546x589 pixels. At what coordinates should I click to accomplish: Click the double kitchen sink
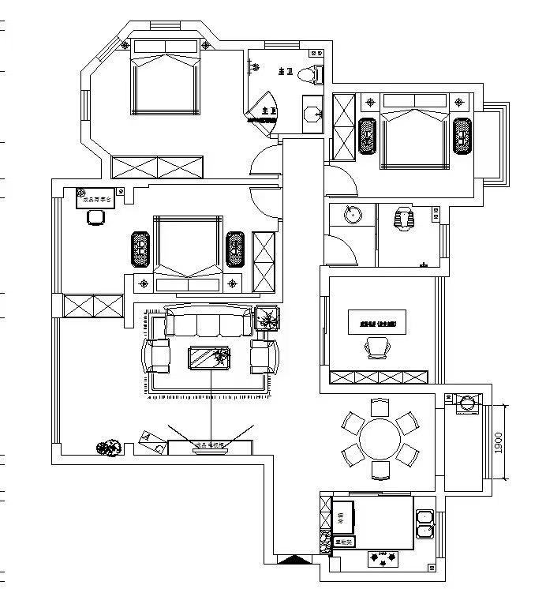pos(424,523)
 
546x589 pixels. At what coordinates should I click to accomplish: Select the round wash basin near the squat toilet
pos(353,216)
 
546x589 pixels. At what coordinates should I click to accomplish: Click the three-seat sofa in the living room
pos(208,325)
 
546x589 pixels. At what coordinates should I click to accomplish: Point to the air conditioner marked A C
pos(152,442)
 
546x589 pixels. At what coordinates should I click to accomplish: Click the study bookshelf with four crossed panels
pos(380,377)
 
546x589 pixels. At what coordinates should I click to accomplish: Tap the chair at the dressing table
pos(95,219)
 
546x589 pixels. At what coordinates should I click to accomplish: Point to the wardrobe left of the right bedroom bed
pos(345,130)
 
